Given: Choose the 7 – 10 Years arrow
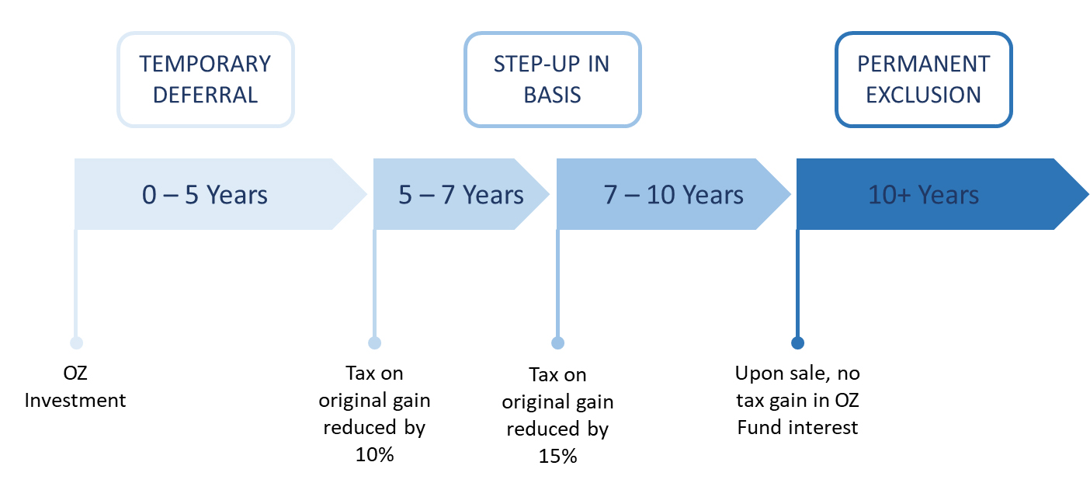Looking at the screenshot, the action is [x=673, y=194].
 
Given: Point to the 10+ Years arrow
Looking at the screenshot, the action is [x=942, y=194].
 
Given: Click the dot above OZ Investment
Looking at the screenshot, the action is [x=76, y=342].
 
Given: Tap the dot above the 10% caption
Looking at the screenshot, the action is [x=375, y=342].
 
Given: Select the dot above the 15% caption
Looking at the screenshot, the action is [x=557, y=342].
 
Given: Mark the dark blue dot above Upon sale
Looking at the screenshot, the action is [x=797, y=342].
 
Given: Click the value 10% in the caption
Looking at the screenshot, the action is [x=375, y=455].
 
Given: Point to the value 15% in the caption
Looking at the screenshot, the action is [x=557, y=457].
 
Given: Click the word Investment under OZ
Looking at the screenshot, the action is [x=75, y=400].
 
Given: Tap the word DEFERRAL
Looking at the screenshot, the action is [x=206, y=95].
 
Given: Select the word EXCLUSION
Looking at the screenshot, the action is [x=924, y=95].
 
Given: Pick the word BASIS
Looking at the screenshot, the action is [x=552, y=95].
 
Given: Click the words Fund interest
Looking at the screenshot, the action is [x=797, y=428].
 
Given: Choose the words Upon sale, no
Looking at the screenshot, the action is [x=797, y=374].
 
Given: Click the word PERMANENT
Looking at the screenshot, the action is [x=924, y=64].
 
